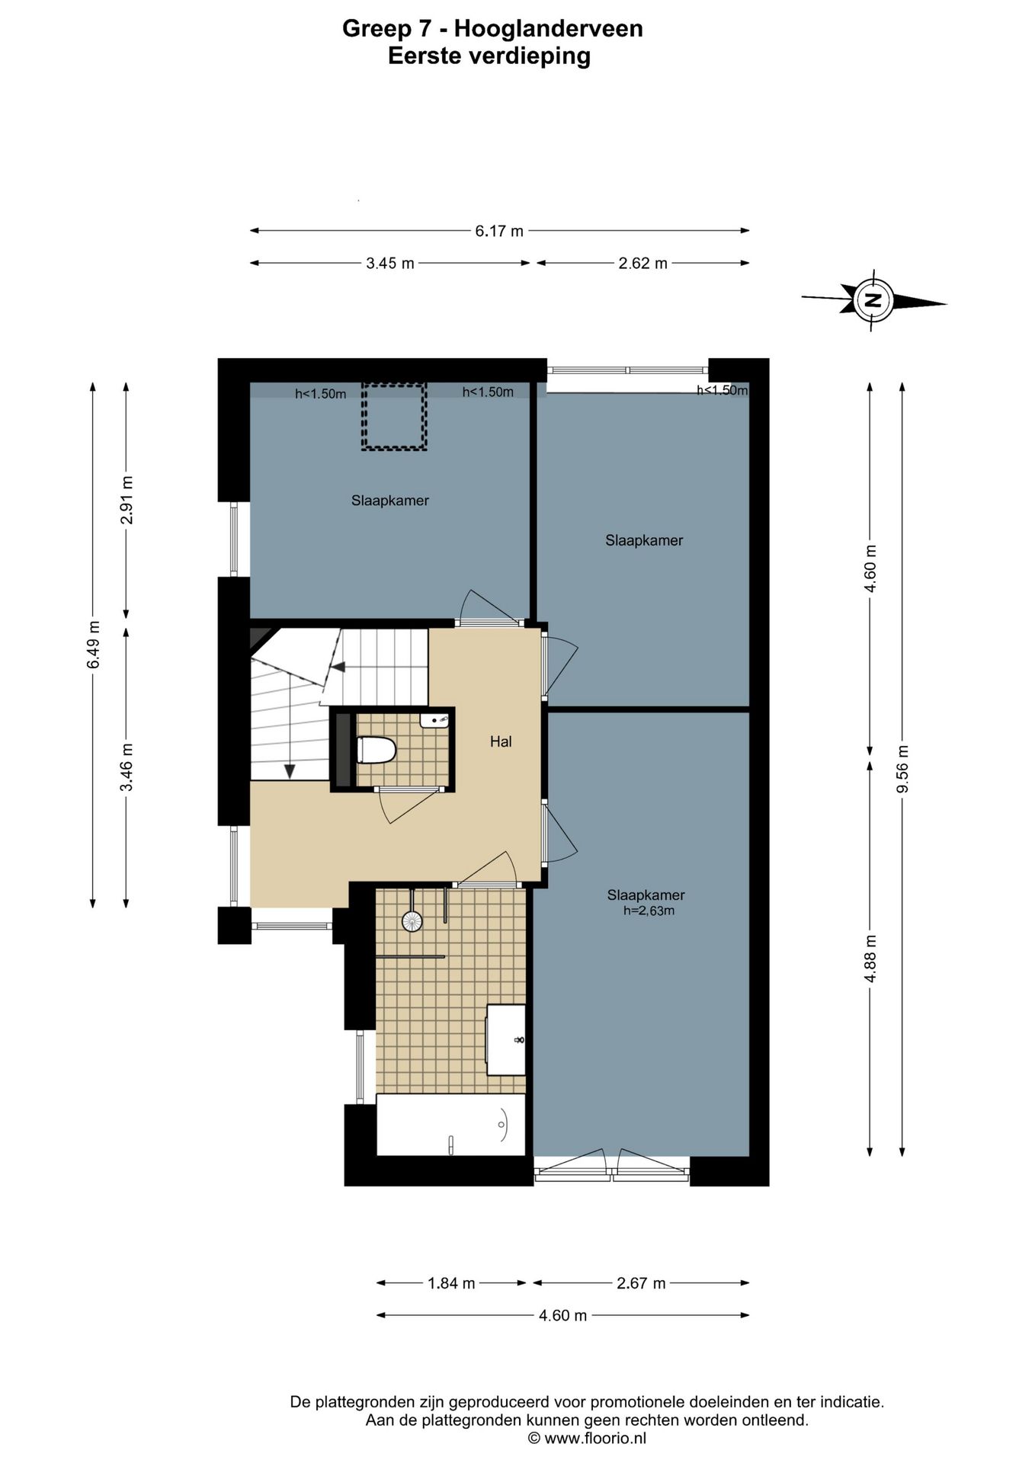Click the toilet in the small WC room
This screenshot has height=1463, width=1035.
tap(377, 750)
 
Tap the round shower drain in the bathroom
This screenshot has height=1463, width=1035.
tap(412, 921)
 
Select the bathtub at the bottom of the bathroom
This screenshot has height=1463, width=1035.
tap(451, 1125)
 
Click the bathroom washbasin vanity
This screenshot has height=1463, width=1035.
tap(506, 1039)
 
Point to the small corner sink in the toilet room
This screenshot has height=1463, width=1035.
tap(434, 720)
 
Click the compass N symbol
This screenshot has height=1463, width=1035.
tap(874, 299)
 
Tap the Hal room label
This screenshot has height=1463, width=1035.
tap(501, 741)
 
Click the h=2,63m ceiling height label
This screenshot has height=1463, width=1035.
tap(649, 910)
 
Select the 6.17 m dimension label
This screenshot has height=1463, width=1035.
tap(499, 231)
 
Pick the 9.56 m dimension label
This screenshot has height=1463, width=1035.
tap(902, 768)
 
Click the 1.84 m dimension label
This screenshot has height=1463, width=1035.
tap(451, 1283)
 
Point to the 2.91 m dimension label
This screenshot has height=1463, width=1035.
tap(127, 500)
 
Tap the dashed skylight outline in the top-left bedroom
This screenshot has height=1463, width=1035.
tap(393, 417)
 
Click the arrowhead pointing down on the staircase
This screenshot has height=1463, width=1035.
tap(290, 771)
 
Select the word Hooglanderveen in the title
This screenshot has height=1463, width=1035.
tap(548, 29)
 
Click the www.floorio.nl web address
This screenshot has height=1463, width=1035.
tap(596, 1438)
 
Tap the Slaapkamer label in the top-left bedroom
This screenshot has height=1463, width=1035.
tap(390, 501)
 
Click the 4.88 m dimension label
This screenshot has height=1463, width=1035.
tap(870, 959)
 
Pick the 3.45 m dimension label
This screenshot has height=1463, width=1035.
tap(390, 264)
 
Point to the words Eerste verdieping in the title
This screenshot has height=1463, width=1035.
tap(489, 56)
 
